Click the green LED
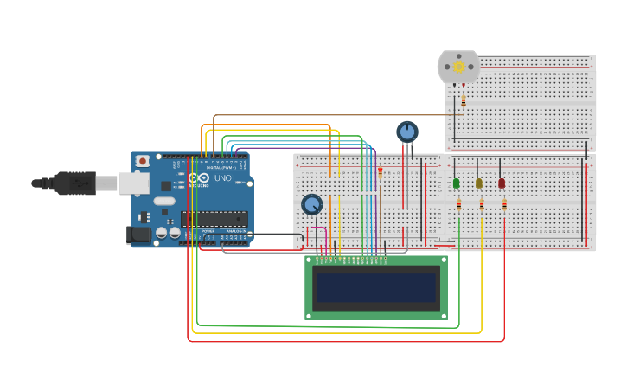pyautogui.click(x=456, y=183)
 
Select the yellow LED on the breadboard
pyautogui.click(x=478, y=183)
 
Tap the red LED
pyautogui.click(x=502, y=183)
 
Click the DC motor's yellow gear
pyautogui.click(x=458, y=67)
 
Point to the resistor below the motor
pyautogui.click(x=463, y=101)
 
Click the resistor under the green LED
pyautogui.click(x=458, y=205)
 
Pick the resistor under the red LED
pyautogui.click(x=504, y=205)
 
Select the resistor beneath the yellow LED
pyautogui.click(x=482, y=205)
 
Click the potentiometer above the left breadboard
pyautogui.click(x=407, y=132)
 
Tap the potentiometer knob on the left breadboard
pyautogui.click(x=311, y=204)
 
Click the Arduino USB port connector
pyautogui.click(x=133, y=182)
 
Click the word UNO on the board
pyautogui.click(x=222, y=178)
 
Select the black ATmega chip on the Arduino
pyautogui.click(x=214, y=219)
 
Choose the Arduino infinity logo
pyautogui.click(x=194, y=177)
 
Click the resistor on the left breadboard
pyautogui.click(x=380, y=172)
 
